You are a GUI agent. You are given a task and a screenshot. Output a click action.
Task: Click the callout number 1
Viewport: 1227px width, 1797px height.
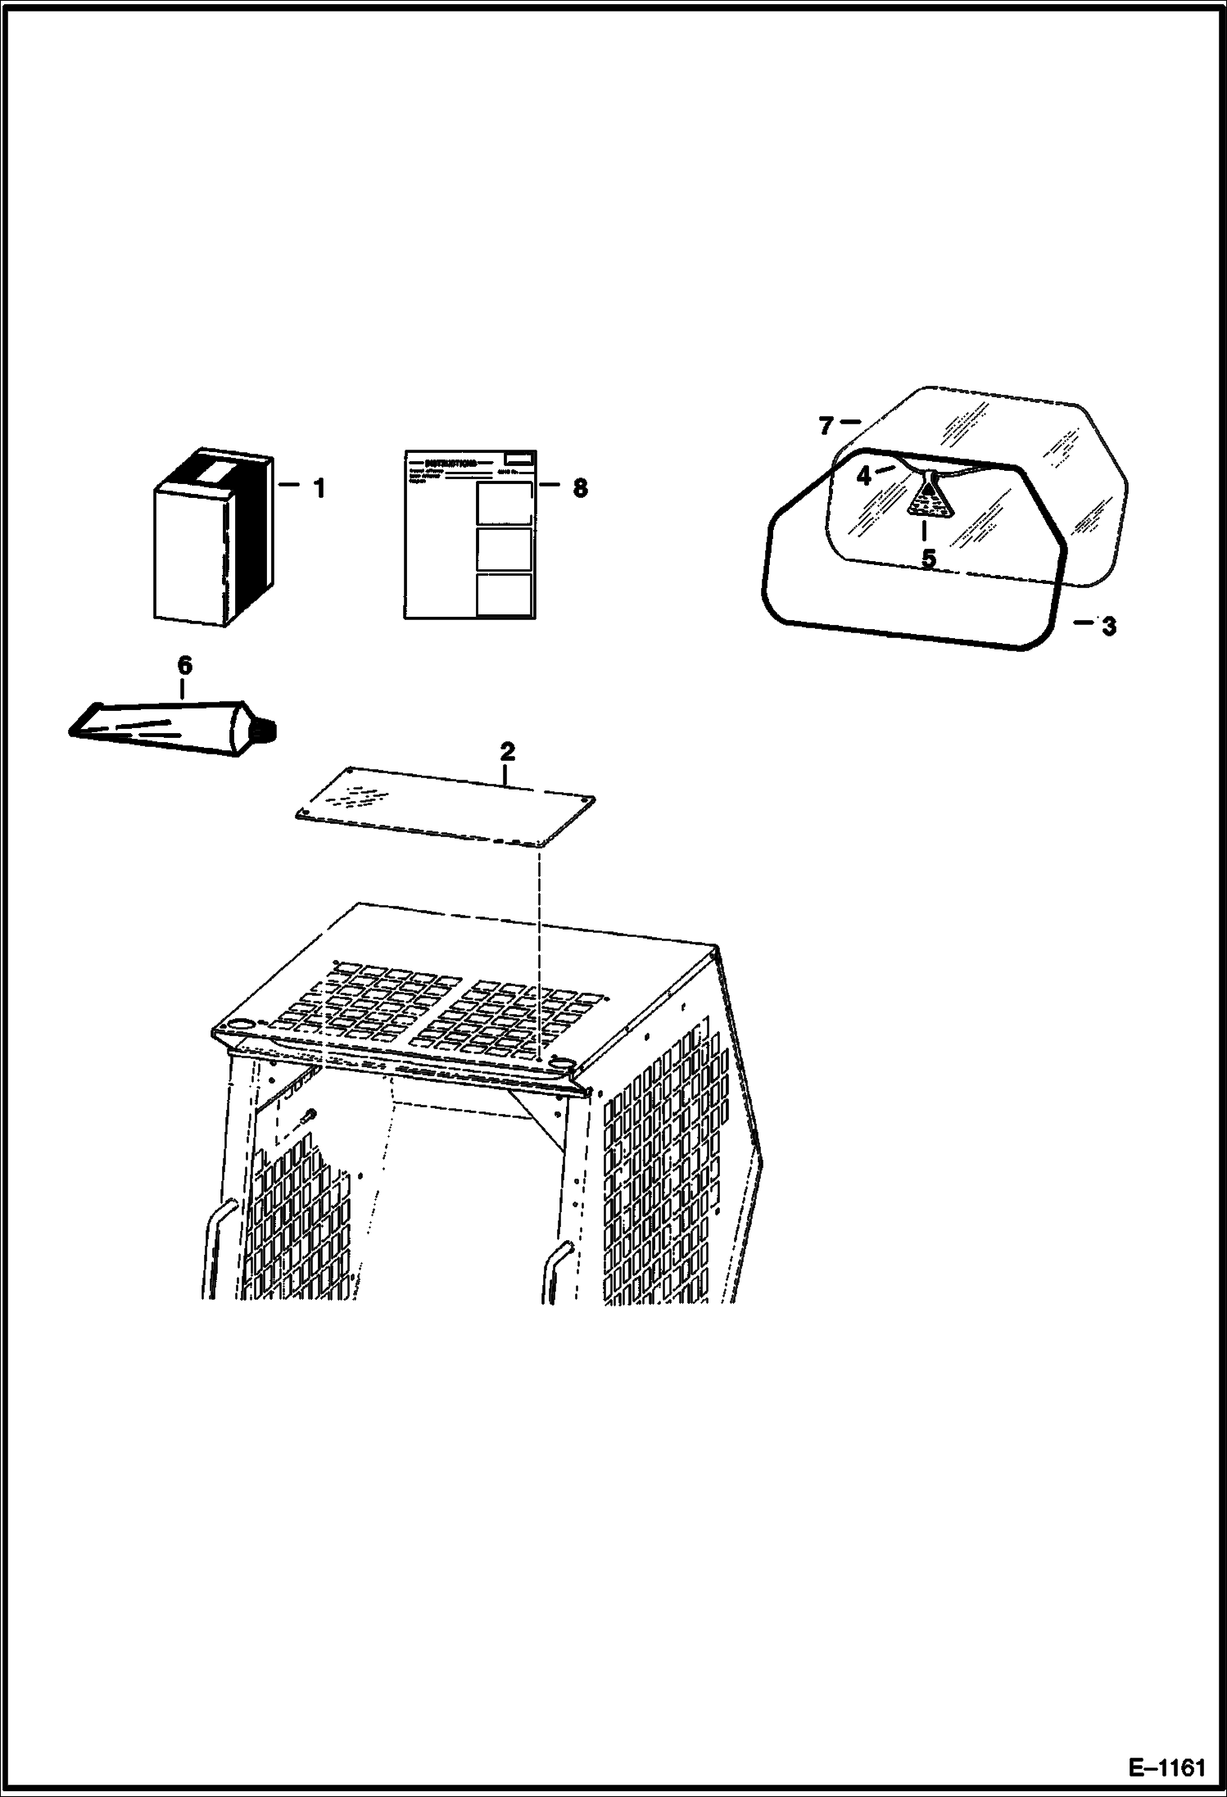[319, 489]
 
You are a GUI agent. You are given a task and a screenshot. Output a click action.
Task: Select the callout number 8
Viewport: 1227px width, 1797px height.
[580, 488]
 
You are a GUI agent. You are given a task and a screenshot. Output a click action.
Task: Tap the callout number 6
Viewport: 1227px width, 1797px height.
[184, 666]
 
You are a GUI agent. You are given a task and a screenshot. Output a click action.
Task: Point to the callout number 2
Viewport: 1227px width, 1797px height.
[507, 751]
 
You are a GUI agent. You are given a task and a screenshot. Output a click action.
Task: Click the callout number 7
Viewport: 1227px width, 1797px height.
[826, 426]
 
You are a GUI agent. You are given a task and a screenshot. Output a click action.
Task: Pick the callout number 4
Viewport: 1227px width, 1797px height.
[863, 476]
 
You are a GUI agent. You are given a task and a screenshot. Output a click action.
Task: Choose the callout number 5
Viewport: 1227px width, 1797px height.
[928, 559]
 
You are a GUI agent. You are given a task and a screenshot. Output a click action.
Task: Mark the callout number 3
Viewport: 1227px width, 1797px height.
[1108, 627]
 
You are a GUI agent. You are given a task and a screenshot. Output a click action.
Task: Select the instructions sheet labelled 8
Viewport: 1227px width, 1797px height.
[469, 534]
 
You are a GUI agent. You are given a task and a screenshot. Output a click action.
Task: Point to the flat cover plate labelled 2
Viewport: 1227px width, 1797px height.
[445, 807]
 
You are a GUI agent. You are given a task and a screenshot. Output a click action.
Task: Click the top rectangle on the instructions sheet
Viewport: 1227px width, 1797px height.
[504, 502]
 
